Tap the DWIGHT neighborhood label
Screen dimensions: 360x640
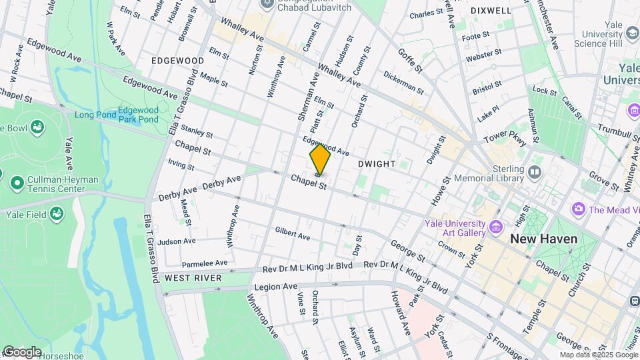[x=376, y=163]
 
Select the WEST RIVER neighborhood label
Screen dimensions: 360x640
[x=188, y=277]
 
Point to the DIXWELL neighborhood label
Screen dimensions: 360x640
[x=491, y=11]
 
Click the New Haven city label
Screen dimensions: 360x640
[x=543, y=239]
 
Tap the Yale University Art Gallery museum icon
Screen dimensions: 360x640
[x=495, y=228]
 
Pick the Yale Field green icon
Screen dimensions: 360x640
[x=58, y=214]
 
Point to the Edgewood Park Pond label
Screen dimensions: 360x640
[x=139, y=115]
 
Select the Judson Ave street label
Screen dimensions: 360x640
[x=177, y=241]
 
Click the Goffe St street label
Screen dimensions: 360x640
[x=410, y=59]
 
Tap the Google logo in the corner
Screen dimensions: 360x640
[x=22, y=351]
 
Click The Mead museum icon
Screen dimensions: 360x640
[x=578, y=209]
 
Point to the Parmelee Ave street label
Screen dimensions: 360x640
[x=205, y=263]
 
